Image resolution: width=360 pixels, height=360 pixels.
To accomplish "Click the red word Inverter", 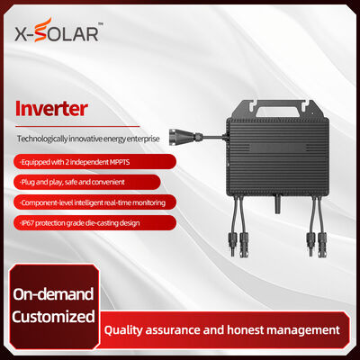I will [53, 109].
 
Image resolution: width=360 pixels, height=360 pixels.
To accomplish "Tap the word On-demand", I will [53, 293].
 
